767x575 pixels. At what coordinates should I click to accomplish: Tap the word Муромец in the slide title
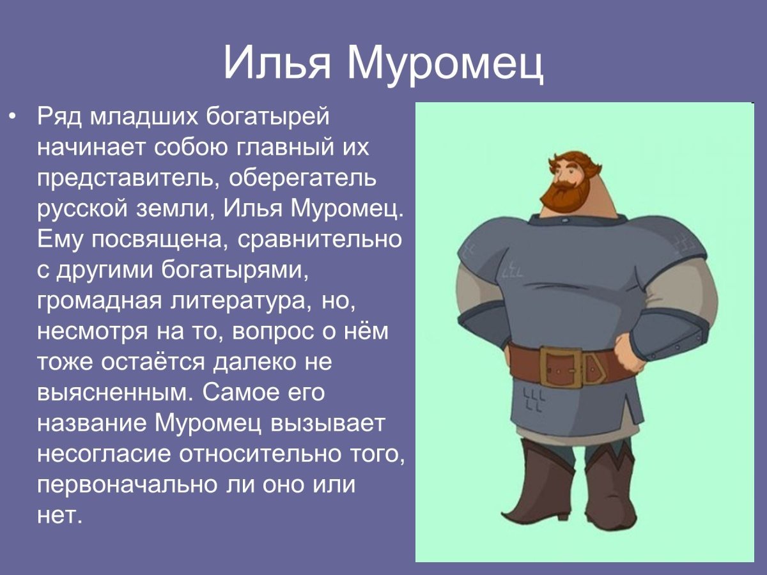[445, 62]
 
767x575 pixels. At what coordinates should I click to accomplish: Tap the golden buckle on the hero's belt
[562, 367]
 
